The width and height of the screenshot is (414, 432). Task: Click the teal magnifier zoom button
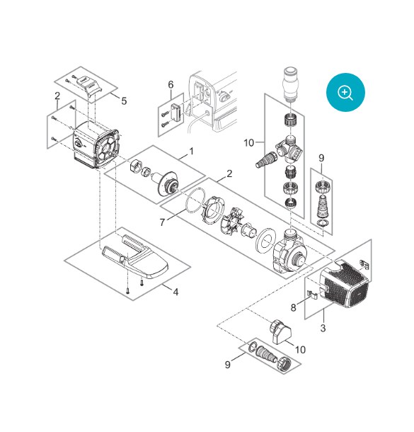[345, 92]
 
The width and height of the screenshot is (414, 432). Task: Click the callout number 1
[191, 152]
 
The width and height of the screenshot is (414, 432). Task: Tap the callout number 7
[162, 222]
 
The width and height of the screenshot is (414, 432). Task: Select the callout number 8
[294, 307]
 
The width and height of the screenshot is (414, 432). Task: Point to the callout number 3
[323, 328]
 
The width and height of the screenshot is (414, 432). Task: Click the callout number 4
[176, 292]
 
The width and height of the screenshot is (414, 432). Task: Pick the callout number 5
[124, 101]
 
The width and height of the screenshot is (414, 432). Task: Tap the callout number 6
[171, 84]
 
